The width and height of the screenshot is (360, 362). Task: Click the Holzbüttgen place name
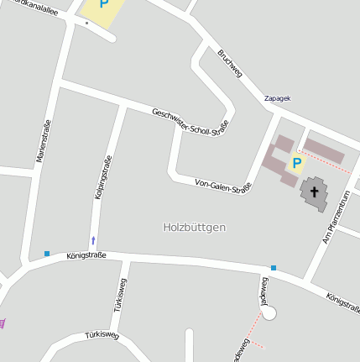[195, 227]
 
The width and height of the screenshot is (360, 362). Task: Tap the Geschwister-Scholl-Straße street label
[190, 122]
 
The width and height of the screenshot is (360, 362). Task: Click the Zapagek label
[277, 98]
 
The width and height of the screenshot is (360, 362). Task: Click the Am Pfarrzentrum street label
[335, 217]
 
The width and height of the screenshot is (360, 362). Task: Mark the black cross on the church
[315, 191]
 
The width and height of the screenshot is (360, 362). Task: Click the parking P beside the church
[296, 162]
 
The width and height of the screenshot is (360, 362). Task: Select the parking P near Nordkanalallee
[104, 4]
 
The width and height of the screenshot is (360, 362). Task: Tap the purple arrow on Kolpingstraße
[93, 240]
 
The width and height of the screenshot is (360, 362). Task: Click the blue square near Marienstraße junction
[47, 253]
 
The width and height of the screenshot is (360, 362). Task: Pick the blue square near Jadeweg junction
[274, 268]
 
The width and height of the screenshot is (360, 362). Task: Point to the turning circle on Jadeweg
[269, 312]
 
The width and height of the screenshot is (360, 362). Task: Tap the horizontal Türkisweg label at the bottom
[102, 336]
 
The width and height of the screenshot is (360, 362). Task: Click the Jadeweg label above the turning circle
[263, 290]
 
